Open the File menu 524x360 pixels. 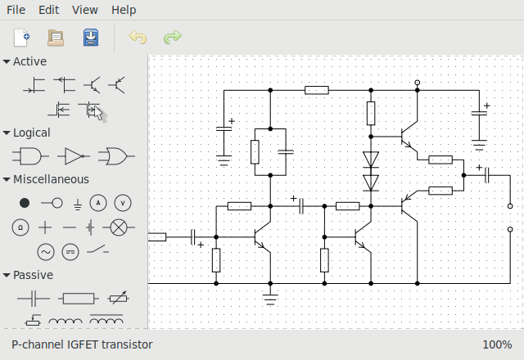[16, 10]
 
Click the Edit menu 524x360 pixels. [48, 10]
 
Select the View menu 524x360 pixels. [84, 10]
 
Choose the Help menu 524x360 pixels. [124, 10]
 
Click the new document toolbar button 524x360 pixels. [21, 37]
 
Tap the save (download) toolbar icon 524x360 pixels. [90, 37]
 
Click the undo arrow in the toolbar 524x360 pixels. [138, 37]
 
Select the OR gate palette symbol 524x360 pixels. [115, 155]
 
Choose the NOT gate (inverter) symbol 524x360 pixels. [73, 155]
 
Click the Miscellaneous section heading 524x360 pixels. [51, 179]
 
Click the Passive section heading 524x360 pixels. [33, 275]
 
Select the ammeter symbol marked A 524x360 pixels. [98, 202]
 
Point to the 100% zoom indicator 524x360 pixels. [497, 344]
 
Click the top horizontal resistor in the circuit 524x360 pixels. [317, 90]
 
